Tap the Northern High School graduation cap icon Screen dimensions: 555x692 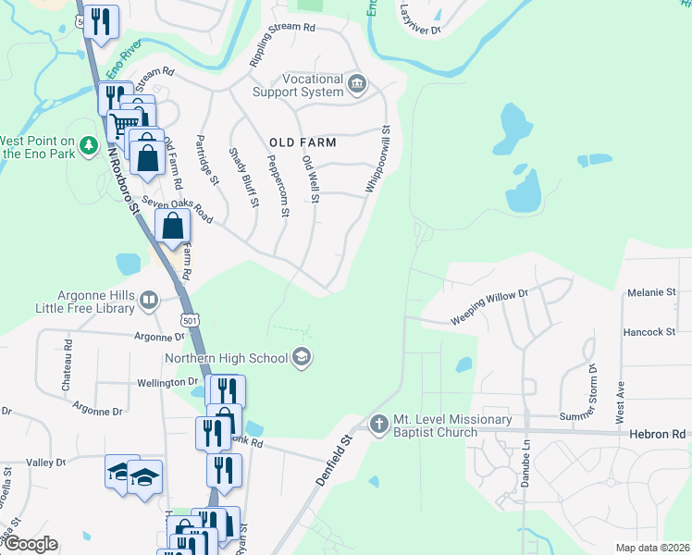click(301, 357)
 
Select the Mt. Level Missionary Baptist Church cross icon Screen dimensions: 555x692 click(377, 425)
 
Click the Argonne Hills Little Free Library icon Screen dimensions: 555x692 click(149, 300)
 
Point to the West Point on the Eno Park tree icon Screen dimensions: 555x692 click(88, 145)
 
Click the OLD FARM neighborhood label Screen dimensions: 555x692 click(303, 142)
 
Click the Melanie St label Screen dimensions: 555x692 click(651, 292)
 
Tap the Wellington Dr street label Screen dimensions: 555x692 click(167, 381)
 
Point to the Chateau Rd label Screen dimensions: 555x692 click(68, 363)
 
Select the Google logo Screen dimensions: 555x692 click(31, 544)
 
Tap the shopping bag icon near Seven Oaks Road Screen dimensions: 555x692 click(173, 226)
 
